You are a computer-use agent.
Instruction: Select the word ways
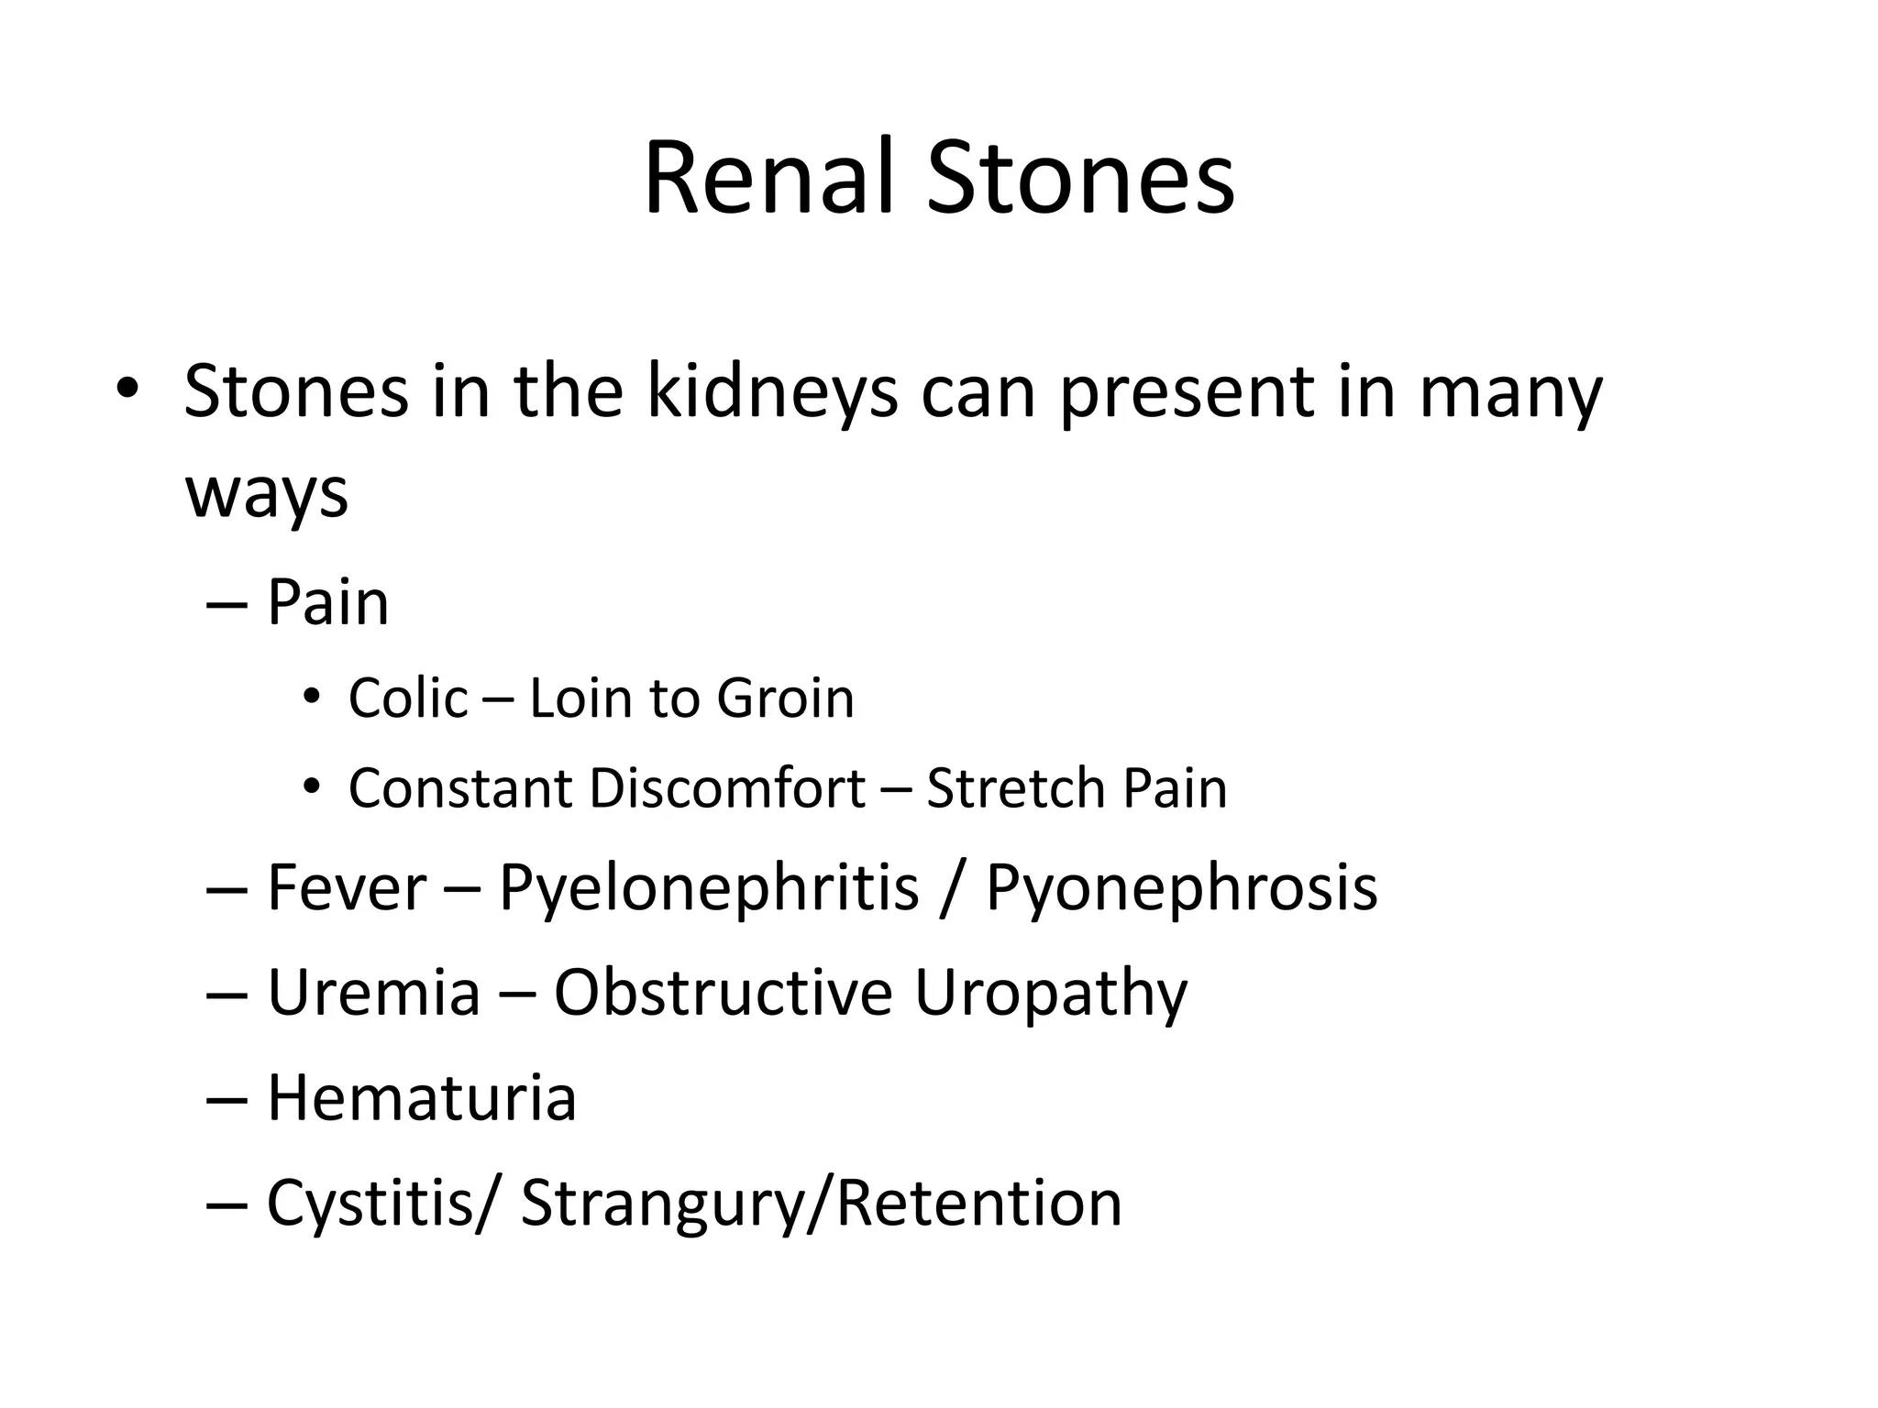click(267, 493)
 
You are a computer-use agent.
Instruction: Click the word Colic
click(408, 698)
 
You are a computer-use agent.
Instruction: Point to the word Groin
click(785, 698)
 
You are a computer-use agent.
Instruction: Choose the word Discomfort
click(727, 788)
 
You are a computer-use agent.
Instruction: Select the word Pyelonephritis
click(708, 889)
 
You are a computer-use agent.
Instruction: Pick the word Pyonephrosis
click(1181, 889)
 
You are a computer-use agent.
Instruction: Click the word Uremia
click(373, 993)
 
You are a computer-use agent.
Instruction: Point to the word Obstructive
click(723, 993)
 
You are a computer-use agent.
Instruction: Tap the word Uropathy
click(1051, 995)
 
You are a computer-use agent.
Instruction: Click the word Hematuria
click(421, 1097)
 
